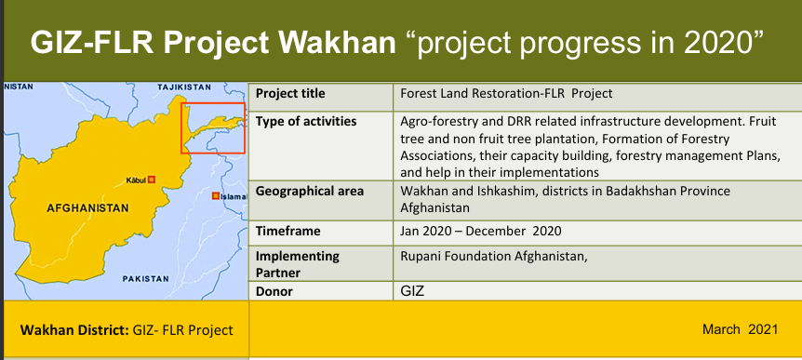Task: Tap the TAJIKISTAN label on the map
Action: tap(184, 87)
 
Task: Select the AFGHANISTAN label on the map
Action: tap(88, 208)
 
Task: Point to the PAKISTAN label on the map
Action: tap(146, 279)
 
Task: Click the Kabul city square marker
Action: tap(152, 180)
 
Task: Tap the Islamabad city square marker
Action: tap(216, 196)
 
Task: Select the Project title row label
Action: tap(290, 94)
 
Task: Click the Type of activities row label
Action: tap(306, 122)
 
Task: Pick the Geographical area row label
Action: tap(310, 192)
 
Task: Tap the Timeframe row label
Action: tap(288, 231)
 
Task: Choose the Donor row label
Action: tap(274, 292)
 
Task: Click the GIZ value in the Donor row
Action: tap(412, 291)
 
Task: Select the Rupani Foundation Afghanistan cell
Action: tap(494, 256)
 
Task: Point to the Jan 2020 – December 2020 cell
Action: tap(481, 231)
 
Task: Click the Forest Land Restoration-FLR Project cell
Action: tap(506, 94)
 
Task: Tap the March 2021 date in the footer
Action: tap(740, 328)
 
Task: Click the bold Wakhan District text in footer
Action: tap(74, 330)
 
